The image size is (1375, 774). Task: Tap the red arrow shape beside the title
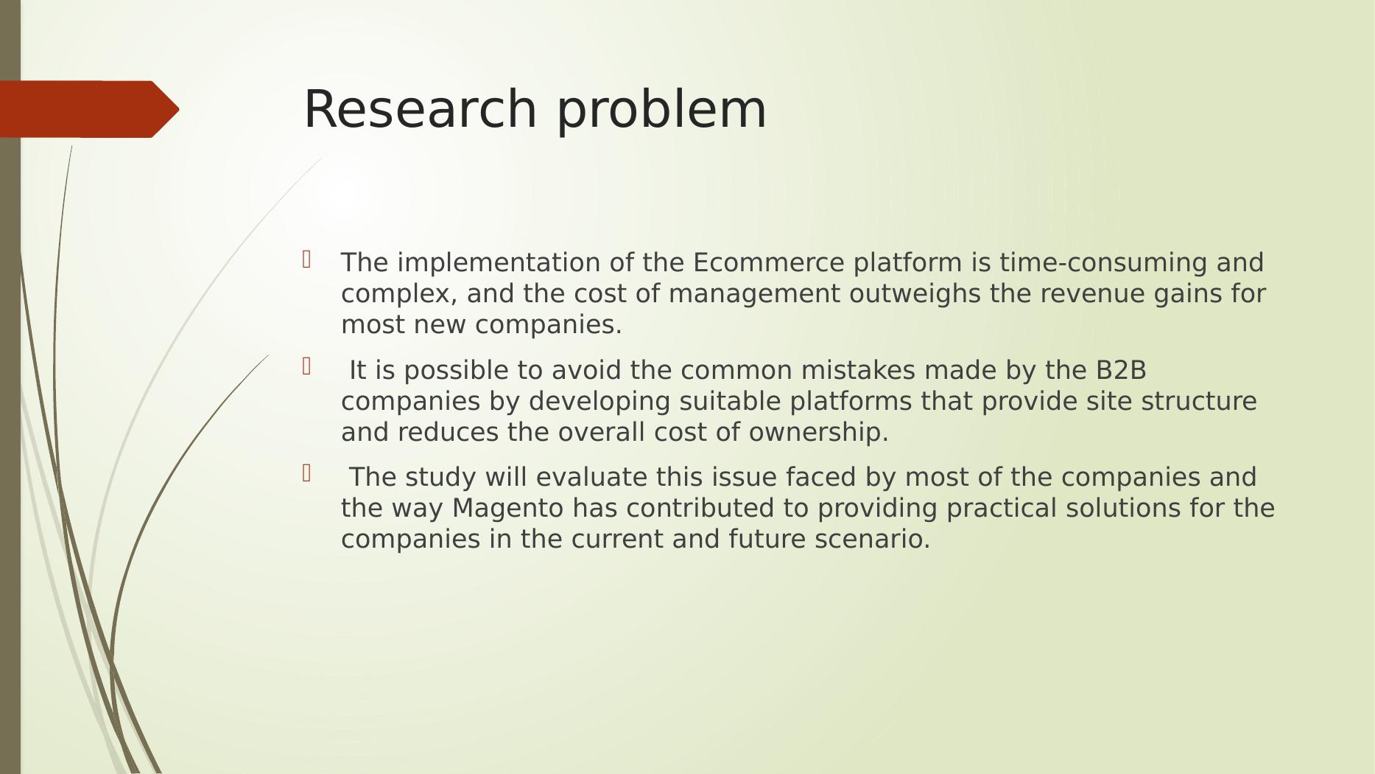[89, 109]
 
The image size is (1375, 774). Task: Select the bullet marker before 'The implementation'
[307, 259]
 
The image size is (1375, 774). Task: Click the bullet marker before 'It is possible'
[307, 366]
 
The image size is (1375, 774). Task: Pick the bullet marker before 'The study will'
[307, 473]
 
